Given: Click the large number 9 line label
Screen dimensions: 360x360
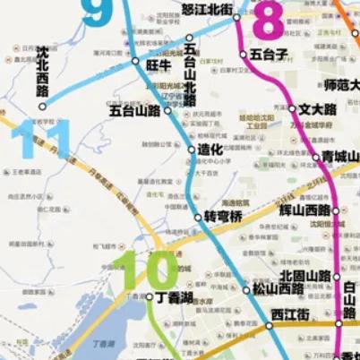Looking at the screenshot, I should point(97,13).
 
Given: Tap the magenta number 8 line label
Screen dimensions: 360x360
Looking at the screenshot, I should point(270,20).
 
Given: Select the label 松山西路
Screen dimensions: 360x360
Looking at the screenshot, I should point(277,289).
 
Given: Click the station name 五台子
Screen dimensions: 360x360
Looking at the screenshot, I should point(269,55).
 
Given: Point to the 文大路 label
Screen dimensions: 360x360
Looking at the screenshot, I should point(318,109).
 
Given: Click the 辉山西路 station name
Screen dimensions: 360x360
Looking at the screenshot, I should point(305,209).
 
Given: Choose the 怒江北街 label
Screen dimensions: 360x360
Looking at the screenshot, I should point(207,9).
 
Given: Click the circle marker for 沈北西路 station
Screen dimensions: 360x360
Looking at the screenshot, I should point(41,106).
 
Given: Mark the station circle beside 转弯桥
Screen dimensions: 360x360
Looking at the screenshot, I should point(199,218).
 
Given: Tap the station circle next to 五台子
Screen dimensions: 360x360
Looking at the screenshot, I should point(244,55).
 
